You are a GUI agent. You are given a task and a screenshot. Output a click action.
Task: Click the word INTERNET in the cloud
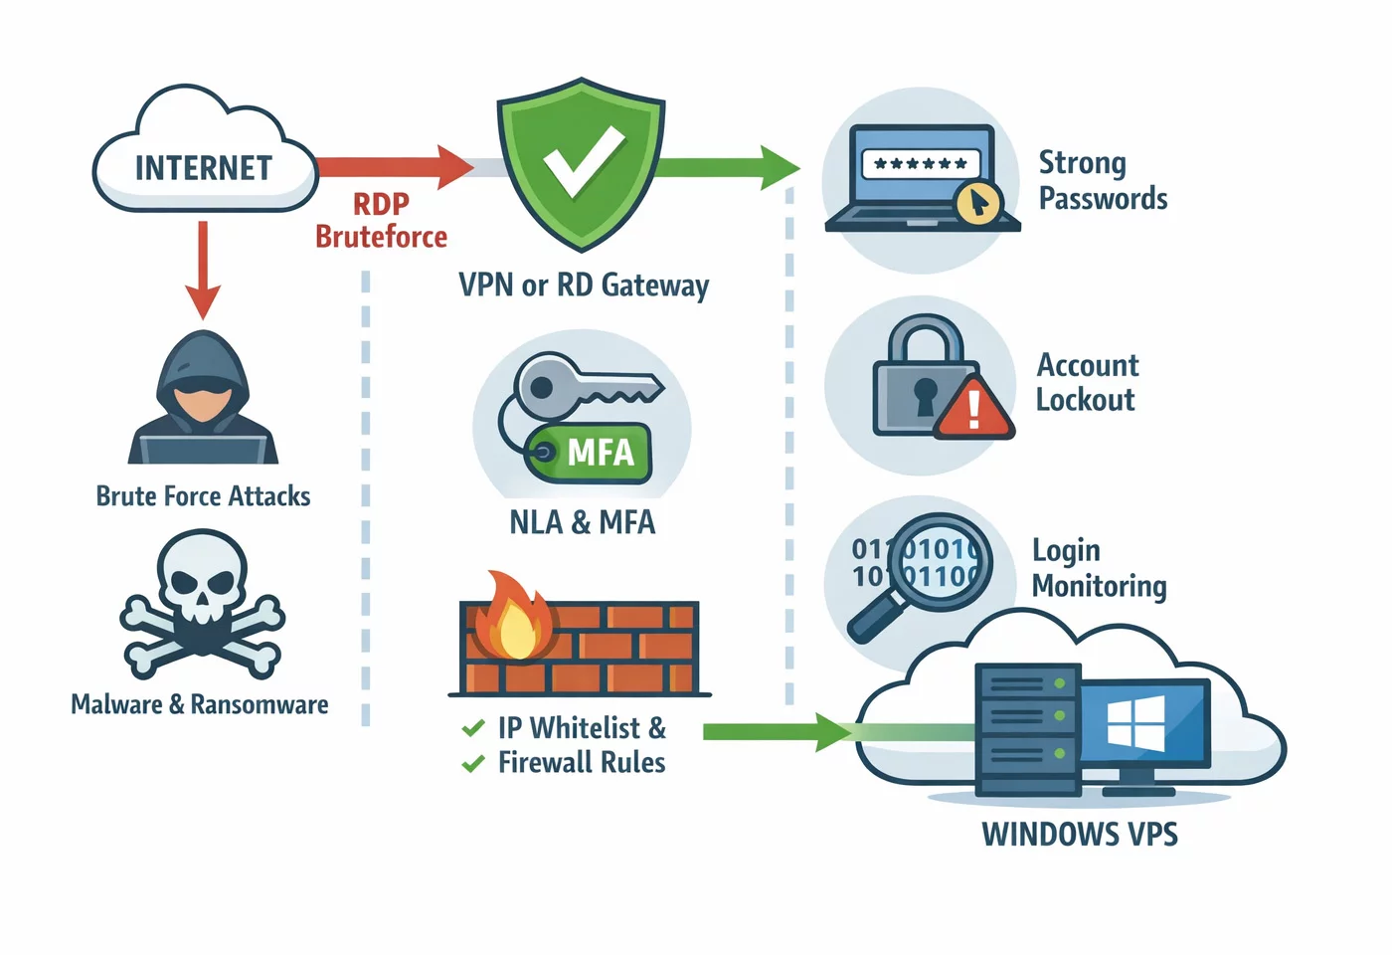point(204,168)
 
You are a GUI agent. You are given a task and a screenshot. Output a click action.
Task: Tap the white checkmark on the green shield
point(584,161)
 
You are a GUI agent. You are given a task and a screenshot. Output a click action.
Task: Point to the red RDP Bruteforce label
point(381,220)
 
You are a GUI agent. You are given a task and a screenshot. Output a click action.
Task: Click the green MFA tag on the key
point(593,453)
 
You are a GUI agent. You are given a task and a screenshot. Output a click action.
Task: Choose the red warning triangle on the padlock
point(974,408)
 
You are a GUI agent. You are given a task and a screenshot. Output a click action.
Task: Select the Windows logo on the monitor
point(1135,723)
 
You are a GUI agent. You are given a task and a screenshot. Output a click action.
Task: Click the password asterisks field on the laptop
point(920,163)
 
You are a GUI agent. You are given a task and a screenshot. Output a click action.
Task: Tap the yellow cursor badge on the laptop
point(978,203)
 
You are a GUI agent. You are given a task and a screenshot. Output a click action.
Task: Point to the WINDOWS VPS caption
point(1080,834)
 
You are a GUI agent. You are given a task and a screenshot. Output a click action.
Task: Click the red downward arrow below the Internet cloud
point(203,269)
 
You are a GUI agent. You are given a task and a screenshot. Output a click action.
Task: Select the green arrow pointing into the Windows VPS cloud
point(776,732)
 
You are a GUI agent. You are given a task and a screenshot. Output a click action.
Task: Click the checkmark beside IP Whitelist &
point(473,728)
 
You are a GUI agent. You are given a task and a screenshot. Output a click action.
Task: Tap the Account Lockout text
point(1087,383)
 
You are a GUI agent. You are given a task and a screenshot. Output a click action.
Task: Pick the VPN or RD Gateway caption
point(584,286)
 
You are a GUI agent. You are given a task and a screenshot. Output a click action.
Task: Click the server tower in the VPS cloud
point(1028,729)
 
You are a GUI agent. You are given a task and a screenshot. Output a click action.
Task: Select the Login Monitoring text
point(1099,568)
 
